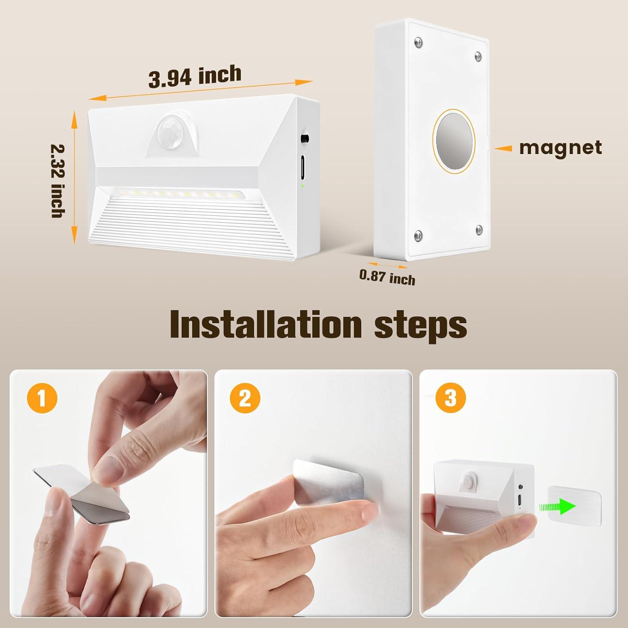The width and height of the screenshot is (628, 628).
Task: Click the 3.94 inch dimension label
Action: tap(195, 77)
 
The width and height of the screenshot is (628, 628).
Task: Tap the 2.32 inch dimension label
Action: tap(57, 181)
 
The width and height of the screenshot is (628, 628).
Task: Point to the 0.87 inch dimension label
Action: tap(387, 277)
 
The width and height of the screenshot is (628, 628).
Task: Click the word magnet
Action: tap(561, 148)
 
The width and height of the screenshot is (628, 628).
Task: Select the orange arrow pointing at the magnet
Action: tap(502, 148)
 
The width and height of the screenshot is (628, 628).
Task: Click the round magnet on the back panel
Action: tap(455, 141)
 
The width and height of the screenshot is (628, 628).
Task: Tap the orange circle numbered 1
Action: tap(42, 398)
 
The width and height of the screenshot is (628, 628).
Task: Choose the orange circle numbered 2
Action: tap(245, 398)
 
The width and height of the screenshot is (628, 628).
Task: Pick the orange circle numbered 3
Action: tap(450, 398)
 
